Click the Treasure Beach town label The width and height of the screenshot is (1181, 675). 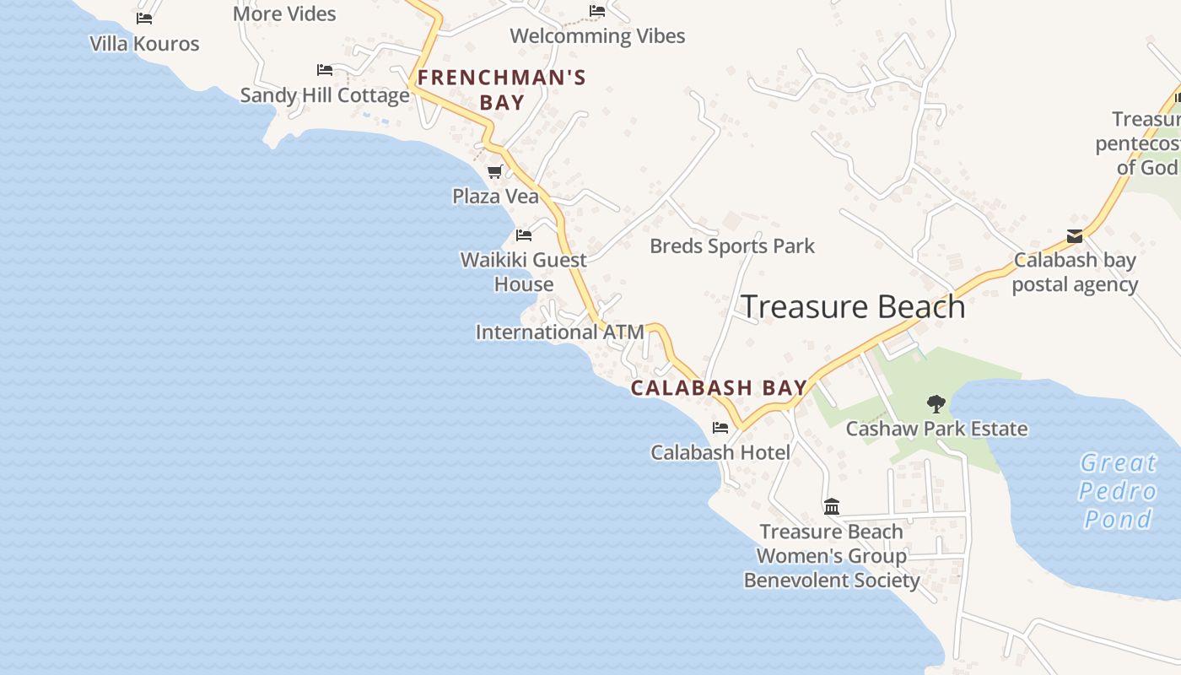853,307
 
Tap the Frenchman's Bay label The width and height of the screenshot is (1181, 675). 502,90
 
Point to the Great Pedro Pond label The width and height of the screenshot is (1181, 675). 1119,491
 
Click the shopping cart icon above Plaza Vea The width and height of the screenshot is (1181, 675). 495,172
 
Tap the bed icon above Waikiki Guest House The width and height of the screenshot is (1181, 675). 524,235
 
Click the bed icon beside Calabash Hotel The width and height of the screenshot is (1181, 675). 720,428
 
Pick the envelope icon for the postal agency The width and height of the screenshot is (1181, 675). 1075,236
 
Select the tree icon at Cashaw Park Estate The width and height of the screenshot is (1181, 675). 936,404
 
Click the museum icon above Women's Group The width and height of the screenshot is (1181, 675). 832,506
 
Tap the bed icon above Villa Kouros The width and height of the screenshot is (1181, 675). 144,19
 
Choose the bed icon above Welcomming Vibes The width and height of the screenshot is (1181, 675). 597,11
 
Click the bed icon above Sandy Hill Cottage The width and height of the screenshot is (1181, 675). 325,70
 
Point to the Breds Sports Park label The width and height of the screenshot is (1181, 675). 732,246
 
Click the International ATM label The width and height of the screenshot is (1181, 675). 559,332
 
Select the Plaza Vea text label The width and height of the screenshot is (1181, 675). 495,197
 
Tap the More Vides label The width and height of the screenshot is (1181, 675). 284,13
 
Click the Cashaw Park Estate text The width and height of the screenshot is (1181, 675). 936,429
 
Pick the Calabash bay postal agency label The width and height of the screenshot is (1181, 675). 1075,272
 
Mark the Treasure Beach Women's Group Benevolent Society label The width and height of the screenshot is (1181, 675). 832,556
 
